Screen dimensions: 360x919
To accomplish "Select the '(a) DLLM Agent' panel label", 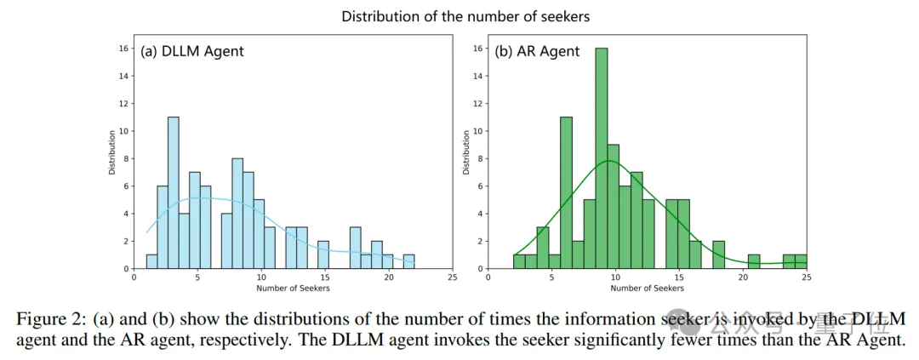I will pos(192,51).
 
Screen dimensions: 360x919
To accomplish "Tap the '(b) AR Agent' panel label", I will pos(537,51).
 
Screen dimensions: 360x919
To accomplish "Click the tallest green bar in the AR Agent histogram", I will pos(602,157).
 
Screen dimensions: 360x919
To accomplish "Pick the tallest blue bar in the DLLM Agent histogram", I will pos(174,192).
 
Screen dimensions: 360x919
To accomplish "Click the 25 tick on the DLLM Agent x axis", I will pos(452,277).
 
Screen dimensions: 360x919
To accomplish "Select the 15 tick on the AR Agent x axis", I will pos(680,277).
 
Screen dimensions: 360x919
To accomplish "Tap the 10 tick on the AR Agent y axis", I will pos(477,131).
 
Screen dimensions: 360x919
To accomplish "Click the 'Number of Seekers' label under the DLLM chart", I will pos(293,289).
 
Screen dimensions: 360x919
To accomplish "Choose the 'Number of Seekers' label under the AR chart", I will pos(648,289).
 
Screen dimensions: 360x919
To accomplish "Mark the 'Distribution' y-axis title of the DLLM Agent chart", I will pos(112,151).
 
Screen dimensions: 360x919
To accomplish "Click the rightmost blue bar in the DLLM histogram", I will pos(409,261).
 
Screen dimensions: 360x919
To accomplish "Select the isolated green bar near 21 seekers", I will pos(754,261).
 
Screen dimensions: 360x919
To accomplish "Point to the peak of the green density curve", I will pos(608,160).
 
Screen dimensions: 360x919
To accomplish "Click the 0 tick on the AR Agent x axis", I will pos(489,277).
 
